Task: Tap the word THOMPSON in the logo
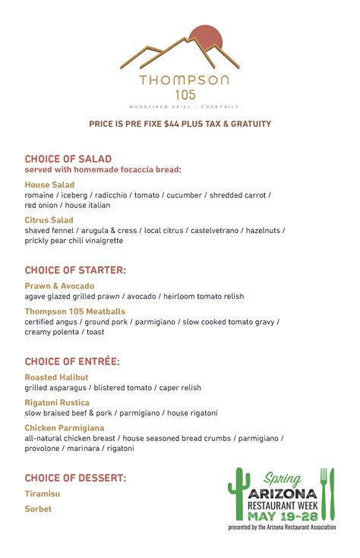pyautogui.click(x=184, y=80)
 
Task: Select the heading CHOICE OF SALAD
pyautogui.click(x=68, y=159)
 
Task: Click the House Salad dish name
pyautogui.click(x=49, y=184)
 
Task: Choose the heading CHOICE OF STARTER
pyautogui.click(x=75, y=270)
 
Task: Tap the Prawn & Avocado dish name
pyautogui.click(x=59, y=286)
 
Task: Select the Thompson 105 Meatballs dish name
pyautogui.click(x=75, y=311)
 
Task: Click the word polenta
pyautogui.click(x=71, y=332)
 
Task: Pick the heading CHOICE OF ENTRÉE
pyautogui.click(x=72, y=361)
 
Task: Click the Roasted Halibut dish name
pyautogui.click(x=56, y=377)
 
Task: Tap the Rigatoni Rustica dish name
pyautogui.click(x=57, y=402)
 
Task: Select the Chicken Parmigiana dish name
pyautogui.click(x=65, y=428)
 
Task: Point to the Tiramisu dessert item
pyautogui.click(x=42, y=493)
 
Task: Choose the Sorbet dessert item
pyautogui.click(x=38, y=509)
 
